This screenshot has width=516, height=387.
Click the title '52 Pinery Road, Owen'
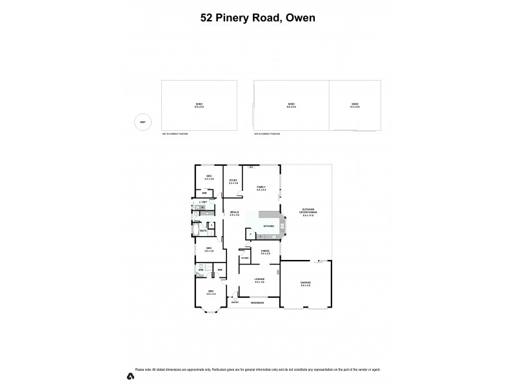258,18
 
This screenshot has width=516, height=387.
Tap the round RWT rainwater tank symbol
141,122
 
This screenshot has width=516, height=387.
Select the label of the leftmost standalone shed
199,105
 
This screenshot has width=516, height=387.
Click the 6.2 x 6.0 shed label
355,105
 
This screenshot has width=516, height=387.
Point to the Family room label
261,188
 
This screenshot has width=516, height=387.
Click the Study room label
233,182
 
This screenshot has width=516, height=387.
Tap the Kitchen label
268,226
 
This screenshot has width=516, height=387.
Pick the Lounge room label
259,281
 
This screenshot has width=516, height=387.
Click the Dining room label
265,252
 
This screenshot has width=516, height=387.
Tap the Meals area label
235,213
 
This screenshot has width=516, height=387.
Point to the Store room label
244,259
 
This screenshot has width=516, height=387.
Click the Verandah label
258,302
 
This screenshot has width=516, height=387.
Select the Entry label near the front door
235,302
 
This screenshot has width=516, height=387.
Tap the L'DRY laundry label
203,203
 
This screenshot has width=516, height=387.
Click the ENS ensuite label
201,270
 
